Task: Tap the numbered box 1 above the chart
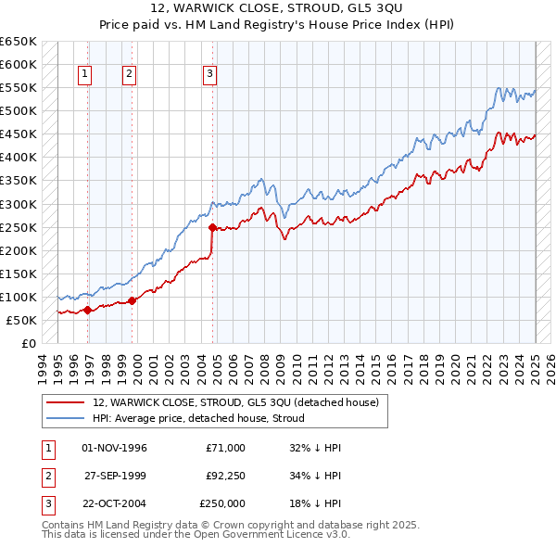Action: (85, 75)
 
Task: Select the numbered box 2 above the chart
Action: (129, 75)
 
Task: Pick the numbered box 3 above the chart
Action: (210, 75)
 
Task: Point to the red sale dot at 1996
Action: (87, 311)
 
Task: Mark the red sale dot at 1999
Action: (133, 300)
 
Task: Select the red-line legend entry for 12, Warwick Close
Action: (235, 402)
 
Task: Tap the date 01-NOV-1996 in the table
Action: (115, 448)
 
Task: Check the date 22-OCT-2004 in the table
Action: (115, 503)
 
